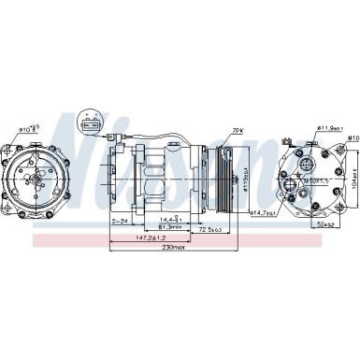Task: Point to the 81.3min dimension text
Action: click(x=170, y=225)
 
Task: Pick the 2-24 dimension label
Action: click(x=120, y=221)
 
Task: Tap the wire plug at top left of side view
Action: click(x=121, y=143)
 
